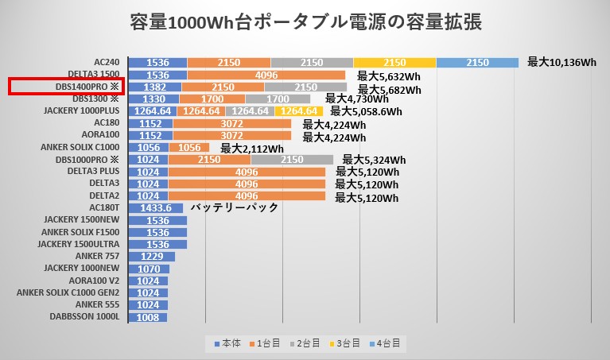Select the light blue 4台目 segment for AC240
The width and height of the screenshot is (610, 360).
(477, 62)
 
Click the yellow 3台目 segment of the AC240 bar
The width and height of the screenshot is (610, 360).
(394, 62)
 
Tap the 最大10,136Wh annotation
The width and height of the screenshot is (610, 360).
(561, 62)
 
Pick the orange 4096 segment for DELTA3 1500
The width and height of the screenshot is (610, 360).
(266, 75)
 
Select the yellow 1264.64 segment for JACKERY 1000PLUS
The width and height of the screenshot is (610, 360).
(299, 110)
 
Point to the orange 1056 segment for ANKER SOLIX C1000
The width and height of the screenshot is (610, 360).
(189, 148)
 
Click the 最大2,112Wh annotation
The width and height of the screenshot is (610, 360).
(252, 148)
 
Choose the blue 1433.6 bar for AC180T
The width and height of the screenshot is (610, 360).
(155, 208)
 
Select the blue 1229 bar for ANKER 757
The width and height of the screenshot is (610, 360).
(151, 257)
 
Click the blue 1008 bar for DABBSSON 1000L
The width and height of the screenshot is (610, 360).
(147, 317)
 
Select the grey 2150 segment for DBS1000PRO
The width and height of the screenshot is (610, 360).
(292, 160)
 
